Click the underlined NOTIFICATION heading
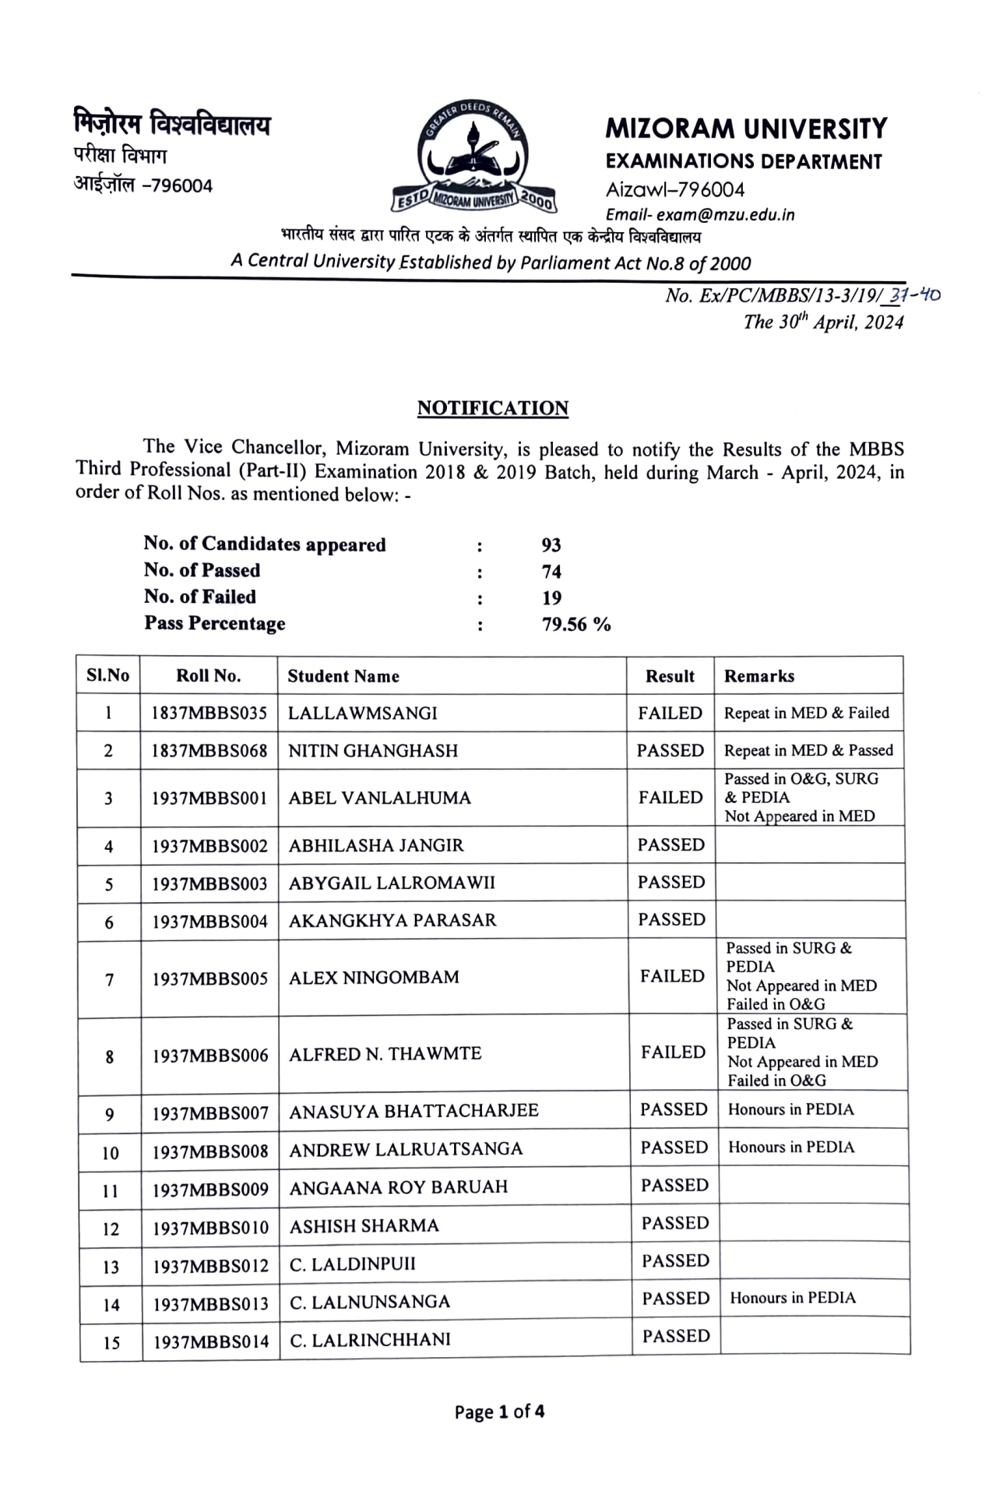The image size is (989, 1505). (x=493, y=408)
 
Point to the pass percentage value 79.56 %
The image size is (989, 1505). (x=576, y=624)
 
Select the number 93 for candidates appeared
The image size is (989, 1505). (x=551, y=545)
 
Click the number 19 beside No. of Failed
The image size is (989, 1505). (x=551, y=597)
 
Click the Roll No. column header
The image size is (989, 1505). (x=208, y=676)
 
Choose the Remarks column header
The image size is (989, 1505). (x=759, y=676)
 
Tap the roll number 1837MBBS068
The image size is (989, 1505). (x=209, y=751)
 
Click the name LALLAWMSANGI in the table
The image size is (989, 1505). (x=362, y=714)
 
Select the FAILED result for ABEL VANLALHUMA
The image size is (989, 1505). (x=670, y=798)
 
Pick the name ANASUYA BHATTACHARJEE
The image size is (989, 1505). (x=414, y=1112)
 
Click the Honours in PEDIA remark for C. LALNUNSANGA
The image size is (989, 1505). (x=793, y=1298)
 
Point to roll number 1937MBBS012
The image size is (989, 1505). (x=210, y=1267)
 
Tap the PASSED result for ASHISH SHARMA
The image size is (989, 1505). (x=675, y=1223)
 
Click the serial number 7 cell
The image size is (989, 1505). (x=109, y=980)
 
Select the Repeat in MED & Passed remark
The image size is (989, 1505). (x=808, y=750)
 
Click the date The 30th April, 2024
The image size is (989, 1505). (x=823, y=322)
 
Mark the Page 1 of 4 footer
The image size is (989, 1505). (x=499, y=1411)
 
